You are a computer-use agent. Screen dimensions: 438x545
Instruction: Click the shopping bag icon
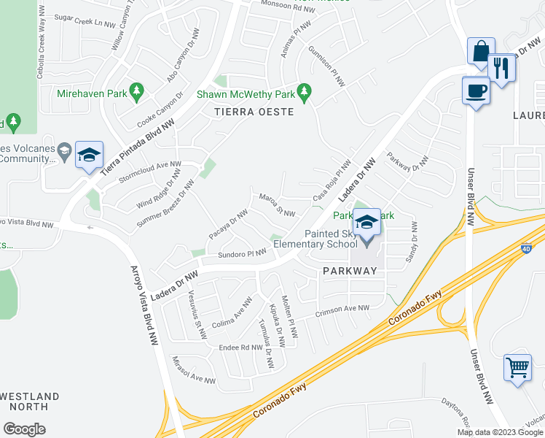[481, 53]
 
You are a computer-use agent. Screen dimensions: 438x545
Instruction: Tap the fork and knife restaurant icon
[501, 69]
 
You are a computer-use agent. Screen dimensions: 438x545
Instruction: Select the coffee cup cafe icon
[477, 91]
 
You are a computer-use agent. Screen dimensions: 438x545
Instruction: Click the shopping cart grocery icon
[517, 367]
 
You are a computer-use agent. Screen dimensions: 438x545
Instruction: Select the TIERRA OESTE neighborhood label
[254, 112]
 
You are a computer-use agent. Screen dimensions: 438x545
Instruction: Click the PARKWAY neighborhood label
[350, 271]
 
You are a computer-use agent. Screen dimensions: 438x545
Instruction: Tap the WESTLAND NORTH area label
[29, 401]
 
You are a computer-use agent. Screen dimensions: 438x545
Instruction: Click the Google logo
[24, 429]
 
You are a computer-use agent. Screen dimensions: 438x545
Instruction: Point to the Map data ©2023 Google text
[500, 432]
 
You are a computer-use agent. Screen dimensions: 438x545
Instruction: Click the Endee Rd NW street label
[240, 347]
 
